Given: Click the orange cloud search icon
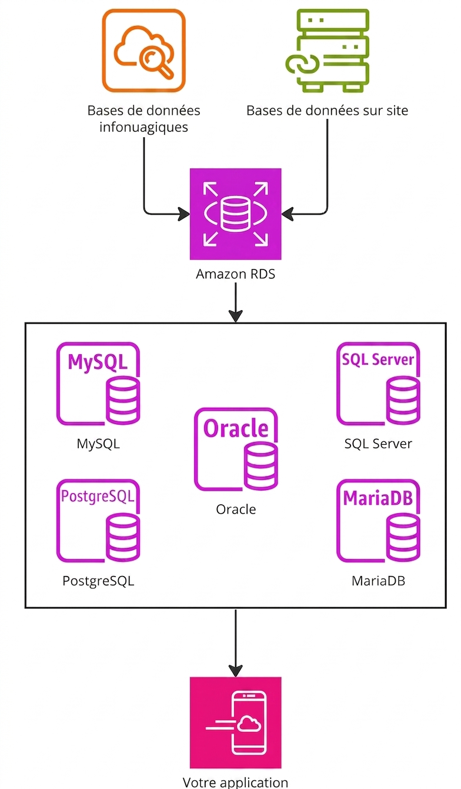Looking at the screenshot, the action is (x=144, y=51).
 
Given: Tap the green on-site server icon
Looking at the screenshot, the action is (x=328, y=51).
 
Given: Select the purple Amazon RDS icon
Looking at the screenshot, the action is (x=235, y=214).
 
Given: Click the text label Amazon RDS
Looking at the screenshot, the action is (x=235, y=274).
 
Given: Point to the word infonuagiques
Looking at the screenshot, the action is (x=143, y=127).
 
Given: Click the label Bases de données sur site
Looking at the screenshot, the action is (x=328, y=111).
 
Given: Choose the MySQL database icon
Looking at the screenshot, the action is (x=99, y=383).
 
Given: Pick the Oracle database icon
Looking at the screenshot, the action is (x=236, y=449).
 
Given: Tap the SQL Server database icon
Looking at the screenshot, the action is (x=378, y=383).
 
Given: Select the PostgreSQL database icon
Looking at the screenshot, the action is (x=99, y=521).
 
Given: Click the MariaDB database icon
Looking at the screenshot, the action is (x=378, y=521).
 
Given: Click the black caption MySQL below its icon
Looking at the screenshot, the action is (x=98, y=444).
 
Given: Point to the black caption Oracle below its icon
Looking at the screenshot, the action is (x=236, y=510).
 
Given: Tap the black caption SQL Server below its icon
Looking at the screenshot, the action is (x=378, y=444).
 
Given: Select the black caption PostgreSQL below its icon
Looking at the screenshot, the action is (x=98, y=581).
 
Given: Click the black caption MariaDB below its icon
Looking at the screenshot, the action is (x=378, y=581).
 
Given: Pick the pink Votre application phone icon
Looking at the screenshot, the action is (x=235, y=723).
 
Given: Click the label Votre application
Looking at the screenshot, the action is (x=235, y=783).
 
